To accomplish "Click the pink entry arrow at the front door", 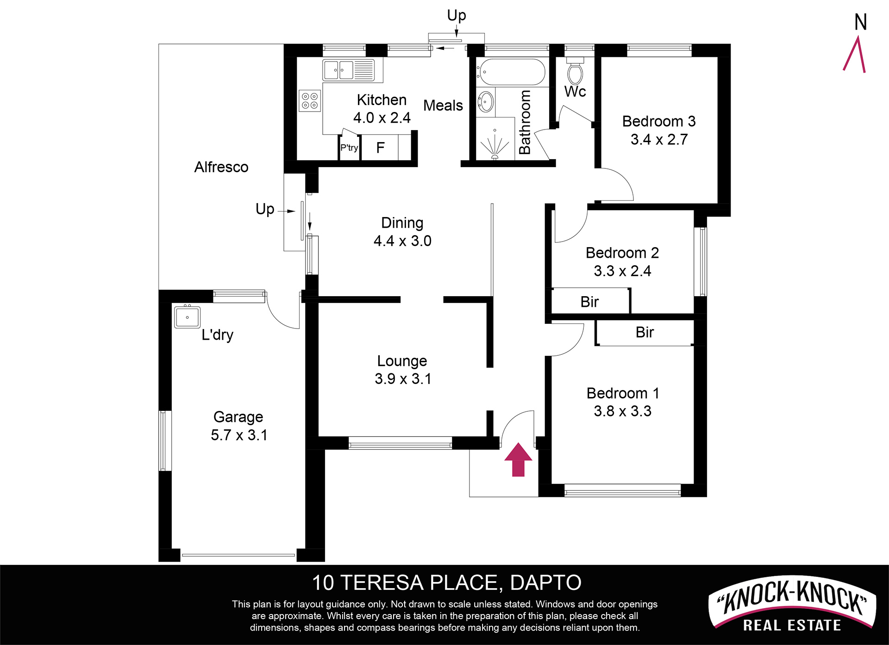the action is coord(518,459).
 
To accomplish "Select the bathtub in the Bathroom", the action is coord(512,72).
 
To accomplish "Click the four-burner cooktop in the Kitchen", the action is coord(310,101).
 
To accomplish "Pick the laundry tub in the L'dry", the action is coord(188,317).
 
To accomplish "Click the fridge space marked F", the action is coord(380,148).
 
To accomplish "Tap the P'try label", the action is coord(349,148).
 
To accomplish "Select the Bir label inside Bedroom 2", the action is coord(589,302).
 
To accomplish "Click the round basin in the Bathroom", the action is coord(485,101).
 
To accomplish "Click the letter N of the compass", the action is coord(861,22).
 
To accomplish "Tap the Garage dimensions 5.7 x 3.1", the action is coord(239,435).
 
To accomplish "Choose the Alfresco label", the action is coord(221,167).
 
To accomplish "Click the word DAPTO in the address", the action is coord(546,583).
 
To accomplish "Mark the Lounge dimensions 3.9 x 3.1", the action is coord(403,378).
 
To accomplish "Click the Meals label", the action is coord(443,105).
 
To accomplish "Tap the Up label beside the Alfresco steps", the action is coord(265,209).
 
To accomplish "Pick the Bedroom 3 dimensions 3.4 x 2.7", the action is coord(659,139).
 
